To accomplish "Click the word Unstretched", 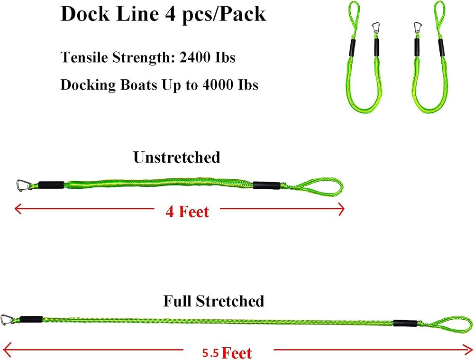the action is [x=177, y=157].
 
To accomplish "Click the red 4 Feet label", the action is [x=187, y=212].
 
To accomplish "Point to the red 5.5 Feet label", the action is [x=227, y=353].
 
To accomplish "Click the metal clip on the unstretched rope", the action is [x=24, y=185].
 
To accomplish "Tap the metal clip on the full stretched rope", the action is [x=7, y=320].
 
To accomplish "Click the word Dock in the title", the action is [x=85, y=14].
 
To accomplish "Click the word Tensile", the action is [x=84, y=57].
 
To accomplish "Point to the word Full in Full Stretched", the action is [x=177, y=301].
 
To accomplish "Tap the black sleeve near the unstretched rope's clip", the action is [x=51, y=185].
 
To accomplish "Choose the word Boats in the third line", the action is [x=139, y=84].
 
